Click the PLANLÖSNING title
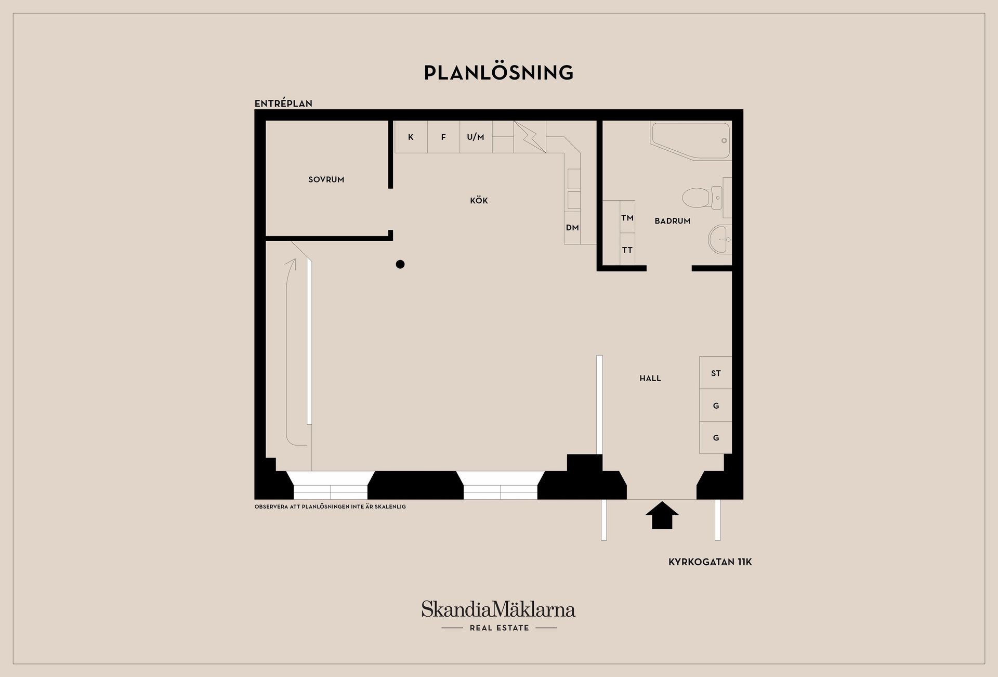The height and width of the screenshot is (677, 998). (498, 72)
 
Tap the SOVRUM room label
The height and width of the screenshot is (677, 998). (326, 179)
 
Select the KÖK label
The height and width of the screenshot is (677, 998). (479, 200)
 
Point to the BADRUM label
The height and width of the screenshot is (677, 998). (673, 221)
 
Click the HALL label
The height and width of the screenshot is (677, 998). (650, 379)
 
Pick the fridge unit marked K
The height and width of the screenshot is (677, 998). (411, 137)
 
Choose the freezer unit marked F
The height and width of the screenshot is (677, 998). (443, 137)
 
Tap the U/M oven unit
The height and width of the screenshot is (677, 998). (476, 137)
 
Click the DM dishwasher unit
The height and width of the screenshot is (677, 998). (572, 228)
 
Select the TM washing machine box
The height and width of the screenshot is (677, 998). (627, 217)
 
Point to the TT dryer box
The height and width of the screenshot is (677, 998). (627, 250)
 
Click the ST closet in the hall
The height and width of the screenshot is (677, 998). (716, 373)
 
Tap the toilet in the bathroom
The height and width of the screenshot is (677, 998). (702, 198)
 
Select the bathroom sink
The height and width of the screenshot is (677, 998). (720, 239)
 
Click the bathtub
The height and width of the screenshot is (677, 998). (691, 141)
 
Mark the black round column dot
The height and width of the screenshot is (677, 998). (400, 264)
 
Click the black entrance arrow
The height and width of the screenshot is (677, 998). (662, 515)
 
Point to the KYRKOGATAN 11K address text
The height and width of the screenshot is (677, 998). (710, 562)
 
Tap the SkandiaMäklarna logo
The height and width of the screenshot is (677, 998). (498, 616)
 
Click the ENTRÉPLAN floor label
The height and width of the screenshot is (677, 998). (283, 103)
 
